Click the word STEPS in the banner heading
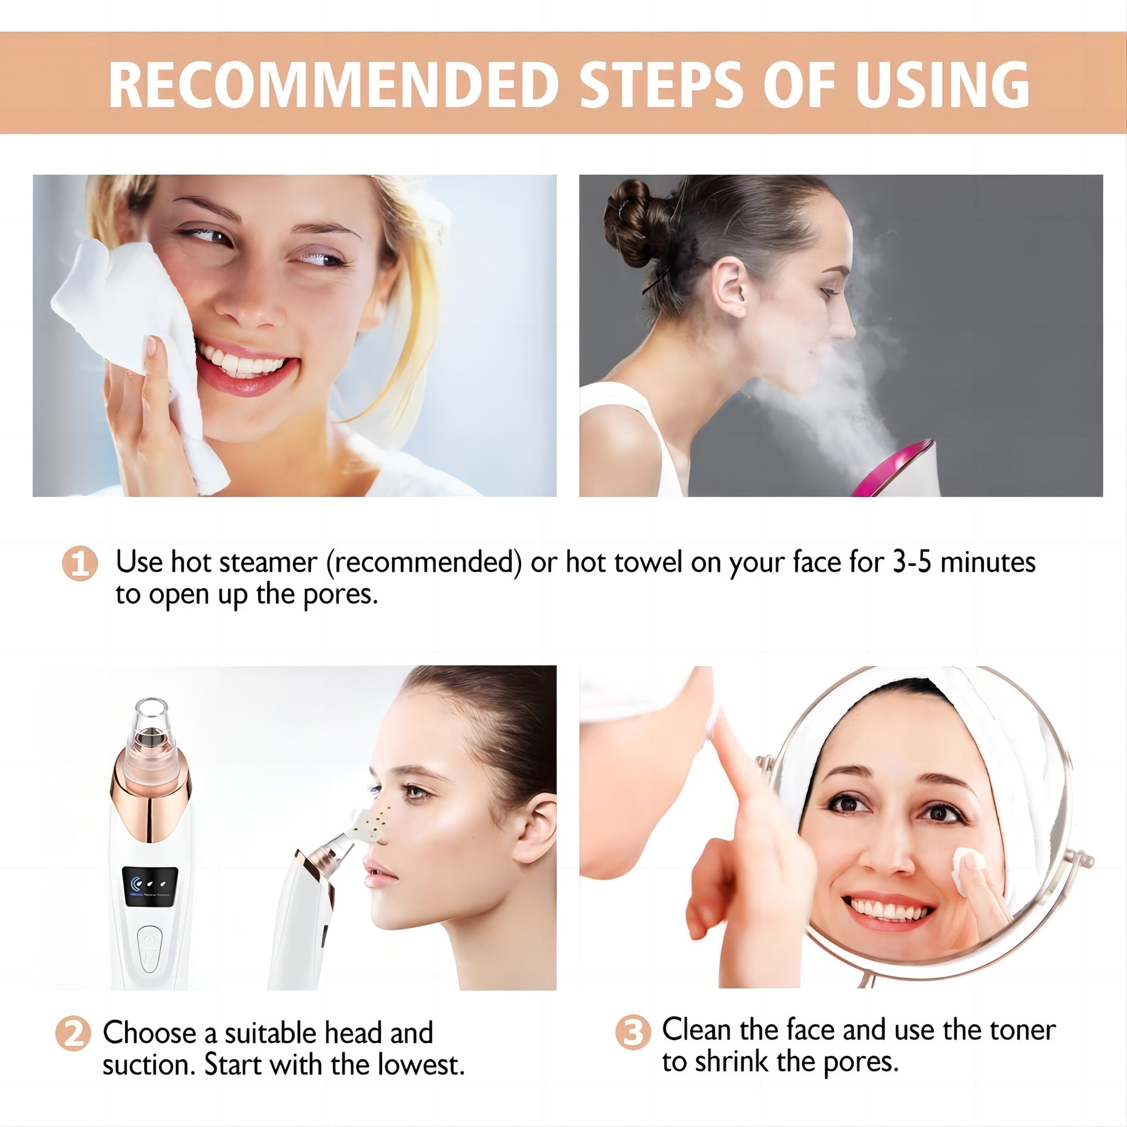click(x=661, y=85)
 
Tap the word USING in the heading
click(x=942, y=85)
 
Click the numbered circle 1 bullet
click(x=80, y=563)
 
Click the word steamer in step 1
click(x=268, y=562)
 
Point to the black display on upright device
click(x=150, y=887)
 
